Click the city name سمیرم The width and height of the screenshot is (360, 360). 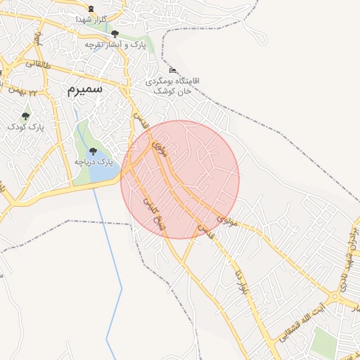85,89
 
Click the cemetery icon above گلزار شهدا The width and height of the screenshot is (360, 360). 91,8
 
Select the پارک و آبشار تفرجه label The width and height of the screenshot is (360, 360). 105,44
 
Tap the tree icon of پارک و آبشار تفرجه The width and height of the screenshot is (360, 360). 115,33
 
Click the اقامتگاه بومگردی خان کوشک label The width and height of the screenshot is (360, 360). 172,86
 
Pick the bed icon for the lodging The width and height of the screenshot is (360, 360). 172,70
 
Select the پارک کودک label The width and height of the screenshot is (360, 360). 26,127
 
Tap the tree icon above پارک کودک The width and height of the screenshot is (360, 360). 26,116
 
